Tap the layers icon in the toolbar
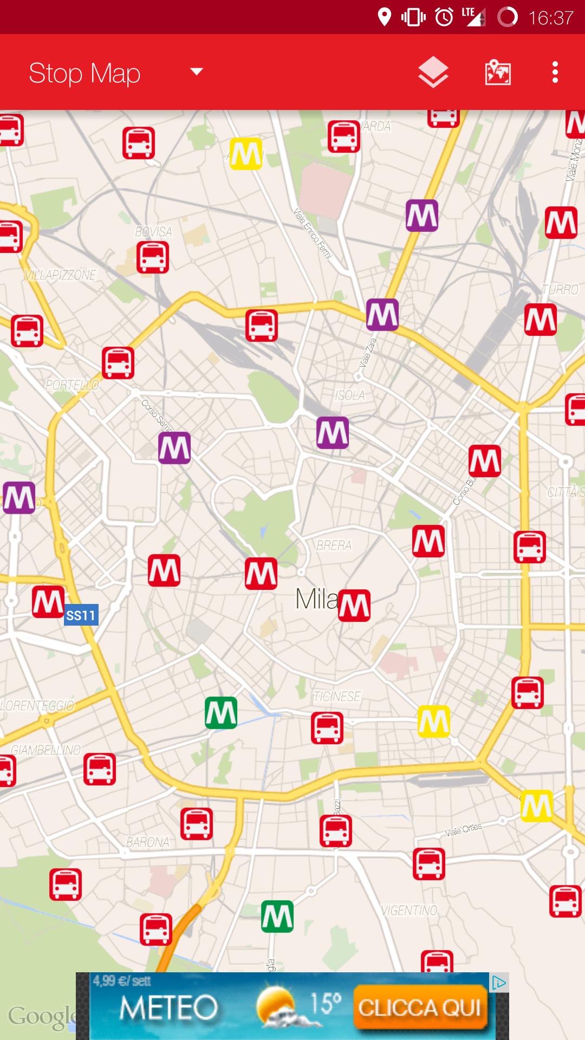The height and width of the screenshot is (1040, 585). tap(433, 73)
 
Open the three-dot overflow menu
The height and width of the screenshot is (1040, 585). tap(555, 73)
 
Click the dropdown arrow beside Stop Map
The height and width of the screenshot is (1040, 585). tap(196, 71)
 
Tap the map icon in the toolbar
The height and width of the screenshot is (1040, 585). tap(498, 73)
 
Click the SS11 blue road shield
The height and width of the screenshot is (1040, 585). tap(81, 615)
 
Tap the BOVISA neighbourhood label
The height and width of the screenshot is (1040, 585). tap(153, 232)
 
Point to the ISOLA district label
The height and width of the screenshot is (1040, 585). tap(349, 395)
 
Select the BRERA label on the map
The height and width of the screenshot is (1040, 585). tap(334, 545)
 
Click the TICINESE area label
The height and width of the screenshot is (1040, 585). tap(336, 697)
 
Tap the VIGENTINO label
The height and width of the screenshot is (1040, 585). tap(409, 911)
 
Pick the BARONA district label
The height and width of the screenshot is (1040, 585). tap(147, 842)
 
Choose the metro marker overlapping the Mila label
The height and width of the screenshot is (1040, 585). tap(354, 605)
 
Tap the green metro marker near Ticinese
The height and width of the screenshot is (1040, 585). tap(221, 713)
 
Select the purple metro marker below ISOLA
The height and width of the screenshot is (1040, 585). tap(333, 433)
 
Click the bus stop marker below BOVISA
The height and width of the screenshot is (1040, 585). tap(153, 257)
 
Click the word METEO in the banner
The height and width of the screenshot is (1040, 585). tap(168, 1008)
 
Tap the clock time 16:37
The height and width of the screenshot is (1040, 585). tap(550, 18)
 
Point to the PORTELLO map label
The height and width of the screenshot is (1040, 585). tap(71, 385)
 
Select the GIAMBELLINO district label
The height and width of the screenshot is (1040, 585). tap(45, 750)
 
